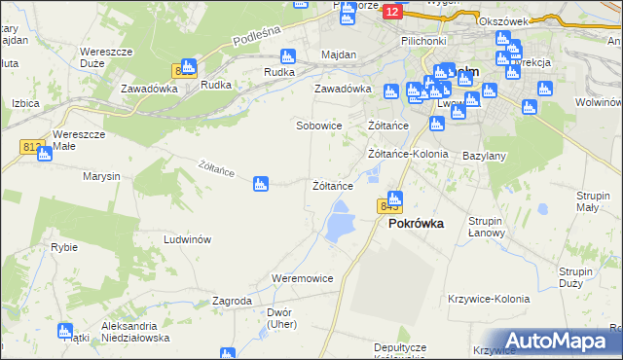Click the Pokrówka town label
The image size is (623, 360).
[x=416, y=223]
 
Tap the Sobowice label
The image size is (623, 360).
[x=319, y=126]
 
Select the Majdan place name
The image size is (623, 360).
[x=339, y=55]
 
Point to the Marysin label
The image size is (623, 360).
[x=101, y=176]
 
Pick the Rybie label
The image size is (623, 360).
[x=64, y=247]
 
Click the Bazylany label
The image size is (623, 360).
[x=484, y=156]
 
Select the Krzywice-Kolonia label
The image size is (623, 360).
[x=488, y=299]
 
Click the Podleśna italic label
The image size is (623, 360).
[x=256, y=40]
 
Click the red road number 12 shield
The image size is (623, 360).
[x=391, y=12]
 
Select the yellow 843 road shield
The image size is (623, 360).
[x=389, y=206]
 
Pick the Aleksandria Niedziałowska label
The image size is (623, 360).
[x=135, y=332]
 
